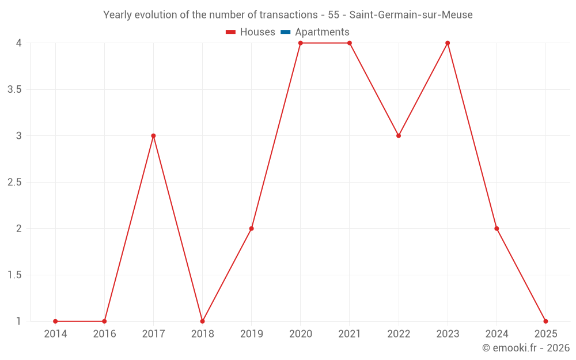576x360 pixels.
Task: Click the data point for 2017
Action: point(153,136)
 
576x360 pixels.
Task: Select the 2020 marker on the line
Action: point(301,43)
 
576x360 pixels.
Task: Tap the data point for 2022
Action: point(399,136)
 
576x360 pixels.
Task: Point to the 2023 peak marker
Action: point(448,43)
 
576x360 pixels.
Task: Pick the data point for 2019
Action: point(252,229)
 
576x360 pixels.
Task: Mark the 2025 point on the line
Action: point(545,321)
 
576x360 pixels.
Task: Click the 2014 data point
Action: point(55,321)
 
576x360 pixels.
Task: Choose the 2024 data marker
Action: point(497,229)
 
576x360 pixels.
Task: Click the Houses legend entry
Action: point(257,32)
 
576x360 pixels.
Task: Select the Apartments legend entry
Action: point(322,32)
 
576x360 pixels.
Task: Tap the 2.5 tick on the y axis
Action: point(14,183)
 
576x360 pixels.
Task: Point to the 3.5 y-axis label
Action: point(14,90)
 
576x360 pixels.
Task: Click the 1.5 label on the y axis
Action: point(14,275)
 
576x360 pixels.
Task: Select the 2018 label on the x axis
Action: point(202,334)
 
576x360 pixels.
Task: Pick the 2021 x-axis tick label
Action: point(350,334)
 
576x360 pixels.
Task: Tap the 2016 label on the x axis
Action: point(104,334)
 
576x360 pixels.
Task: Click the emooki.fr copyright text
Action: point(526,348)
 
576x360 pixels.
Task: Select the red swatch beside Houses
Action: point(231,32)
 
